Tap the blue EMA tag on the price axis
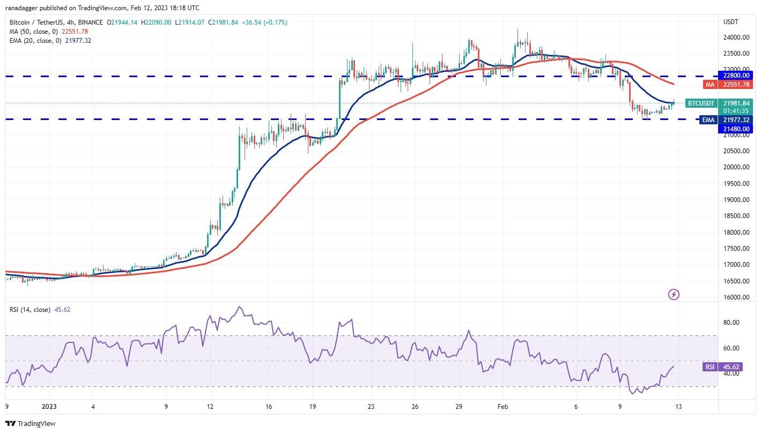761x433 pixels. (x=708, y=120)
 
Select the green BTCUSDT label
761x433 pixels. (x=701, y=103)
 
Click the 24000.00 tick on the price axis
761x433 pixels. (x=736, y=38)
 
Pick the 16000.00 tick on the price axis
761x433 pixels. (x=736, y=297)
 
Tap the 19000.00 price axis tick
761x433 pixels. (x=736, y=200)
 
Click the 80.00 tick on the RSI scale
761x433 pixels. (x=732, y=323)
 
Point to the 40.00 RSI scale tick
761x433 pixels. (x=732, y=374)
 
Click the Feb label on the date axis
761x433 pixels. (x=504, y=406)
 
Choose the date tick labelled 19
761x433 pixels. (x=313, y=406)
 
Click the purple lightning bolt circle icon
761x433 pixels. (x=674, y=294)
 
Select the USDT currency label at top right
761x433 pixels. (x=731, y=22)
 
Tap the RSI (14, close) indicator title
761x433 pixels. (x=29, y=309)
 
